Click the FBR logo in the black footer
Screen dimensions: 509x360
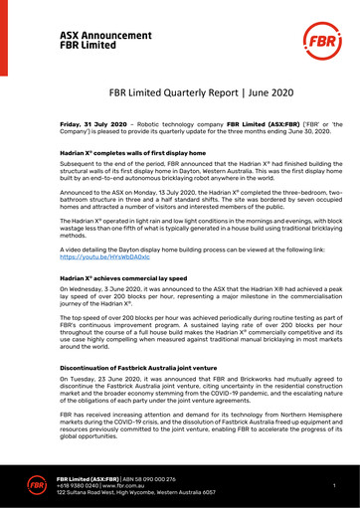36,484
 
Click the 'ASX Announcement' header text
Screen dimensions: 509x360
105,35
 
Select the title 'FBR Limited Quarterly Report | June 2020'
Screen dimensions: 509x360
180,92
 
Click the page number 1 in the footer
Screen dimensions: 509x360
334,484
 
